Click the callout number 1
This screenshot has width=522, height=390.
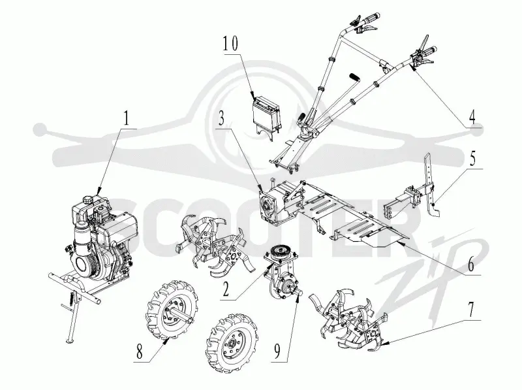[125, 118]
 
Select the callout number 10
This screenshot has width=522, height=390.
[231, 43]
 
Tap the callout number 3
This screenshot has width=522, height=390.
[222, 118]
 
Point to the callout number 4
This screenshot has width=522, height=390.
[472, 118]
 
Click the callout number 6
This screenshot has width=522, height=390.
[471, 265]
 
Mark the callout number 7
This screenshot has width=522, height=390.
[470, 310]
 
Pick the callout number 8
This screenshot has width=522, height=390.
[139, 351]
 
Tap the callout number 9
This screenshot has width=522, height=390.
[277, 351]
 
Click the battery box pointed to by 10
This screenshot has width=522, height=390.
[266, 115]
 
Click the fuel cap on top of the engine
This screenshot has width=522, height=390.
[89, 201]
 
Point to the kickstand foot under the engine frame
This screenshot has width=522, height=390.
[70, 340]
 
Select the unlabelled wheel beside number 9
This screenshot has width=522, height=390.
[232, 344]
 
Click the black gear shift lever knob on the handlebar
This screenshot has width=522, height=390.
[355, 78]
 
